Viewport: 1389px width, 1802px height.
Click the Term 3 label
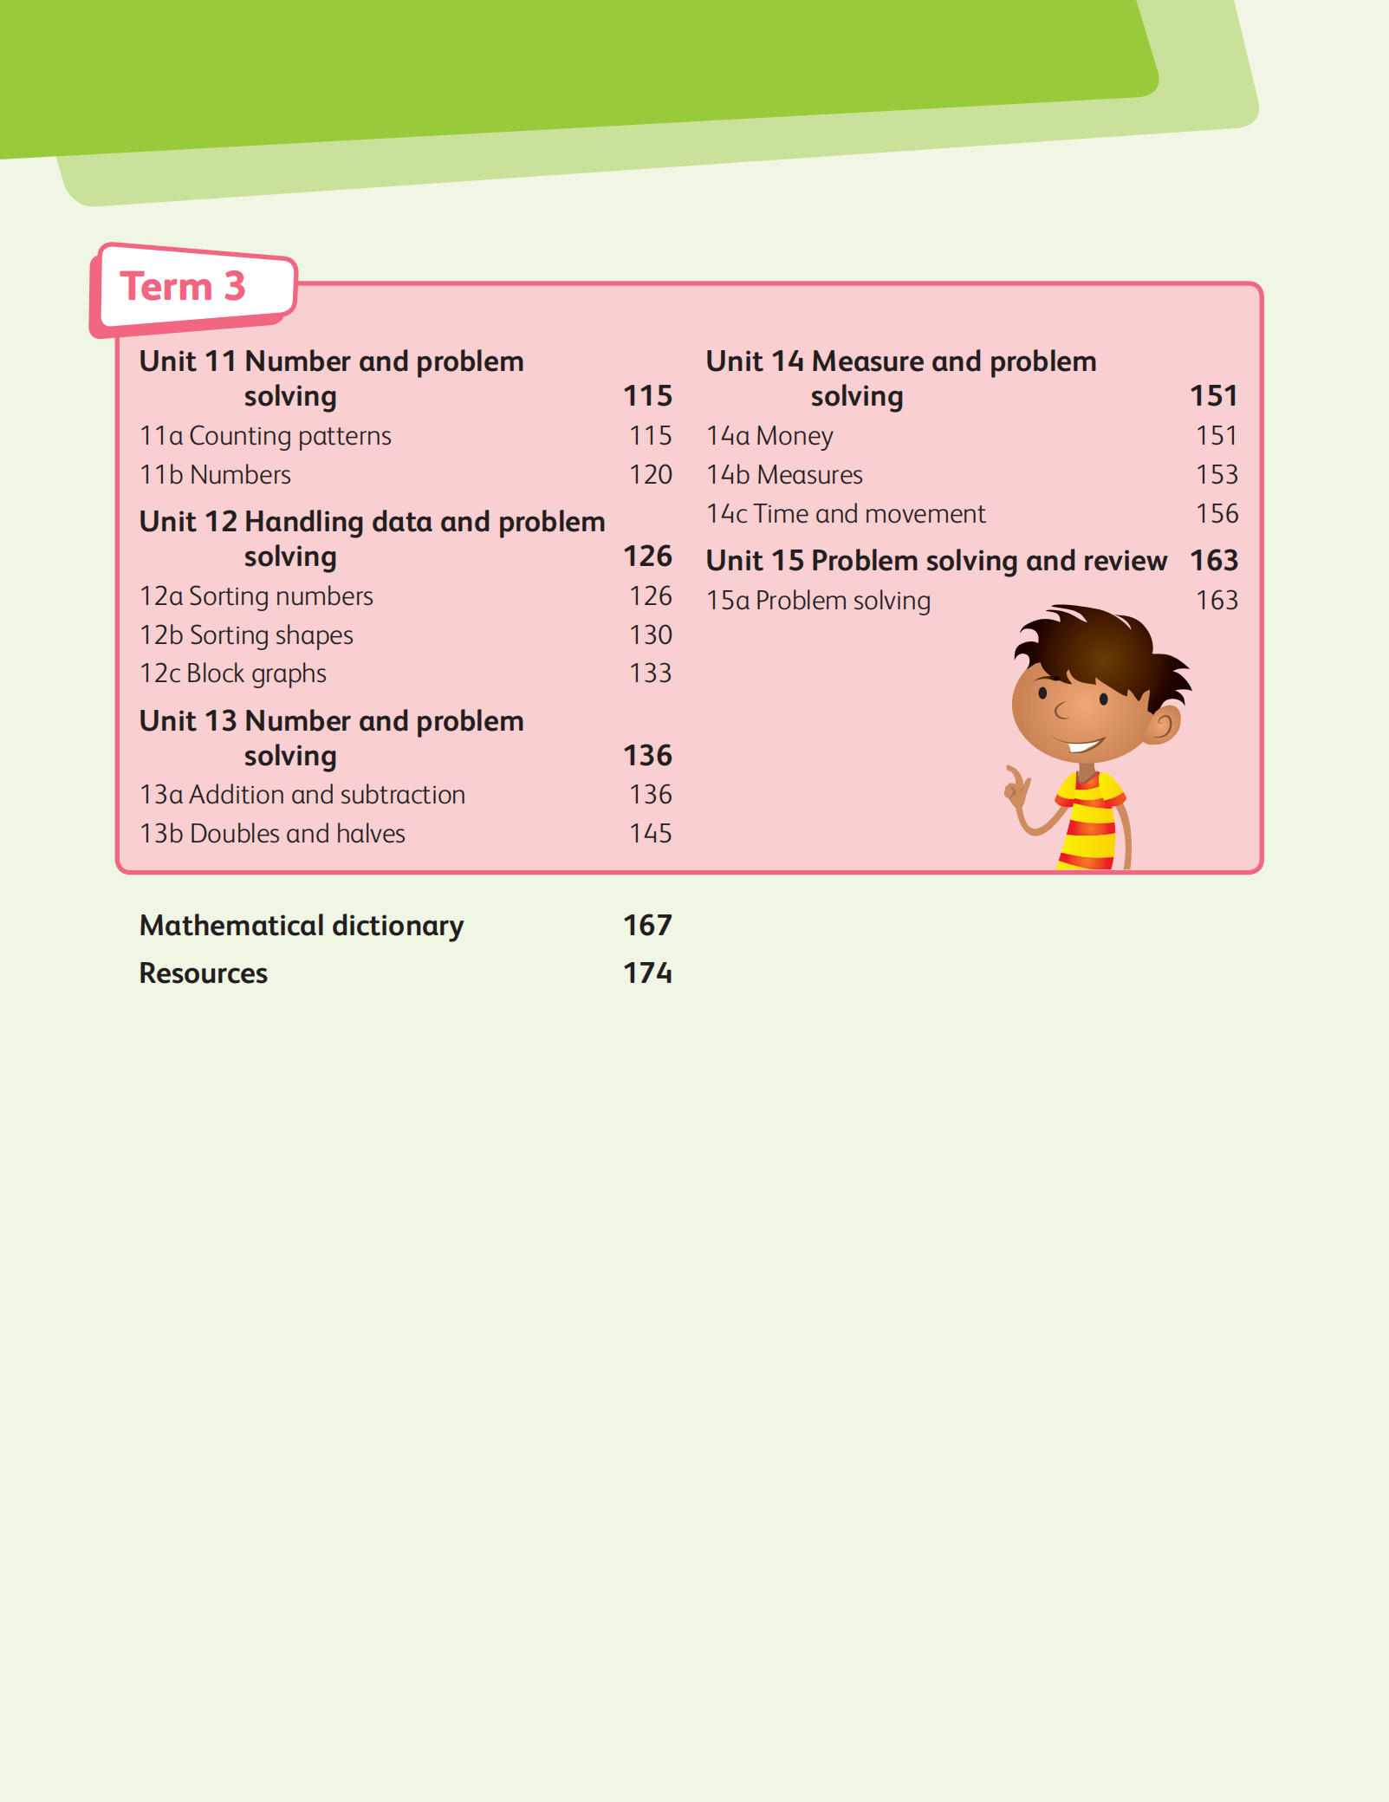pos(184,287)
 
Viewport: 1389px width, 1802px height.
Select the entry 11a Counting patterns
pos(265,436)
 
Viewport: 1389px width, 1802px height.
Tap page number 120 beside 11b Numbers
pos(650,475)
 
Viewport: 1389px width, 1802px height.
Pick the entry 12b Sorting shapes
pos(246,635)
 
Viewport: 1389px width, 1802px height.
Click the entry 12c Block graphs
pos(233,673)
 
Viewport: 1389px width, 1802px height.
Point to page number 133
pos(650,673)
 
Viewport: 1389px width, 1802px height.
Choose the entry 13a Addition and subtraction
pos(302,795)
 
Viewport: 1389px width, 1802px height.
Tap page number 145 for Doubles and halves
pos(650,834)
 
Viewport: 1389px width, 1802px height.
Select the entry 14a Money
pos(769,436)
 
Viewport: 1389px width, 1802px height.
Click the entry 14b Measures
pos(784,475)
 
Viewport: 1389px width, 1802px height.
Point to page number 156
pos(1217,514)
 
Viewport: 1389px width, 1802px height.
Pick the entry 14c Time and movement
pos(846,514)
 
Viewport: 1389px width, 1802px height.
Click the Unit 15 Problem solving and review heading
pos(936,561)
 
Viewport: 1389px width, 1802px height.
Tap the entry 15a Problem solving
pos(818,601)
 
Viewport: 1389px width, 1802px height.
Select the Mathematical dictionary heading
pos(302,926)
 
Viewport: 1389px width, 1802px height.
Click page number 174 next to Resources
pos(647,973)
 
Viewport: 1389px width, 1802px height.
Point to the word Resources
pos(204,973)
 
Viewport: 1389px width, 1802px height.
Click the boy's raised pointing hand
pos(1015,785)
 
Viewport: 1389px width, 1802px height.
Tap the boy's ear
pos(1163,725)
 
